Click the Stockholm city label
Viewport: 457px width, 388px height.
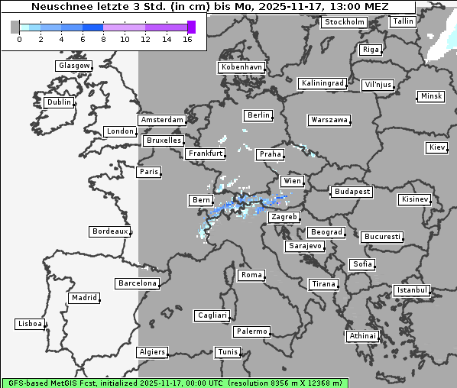[344, 22]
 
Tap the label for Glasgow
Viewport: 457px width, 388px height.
[74, 66]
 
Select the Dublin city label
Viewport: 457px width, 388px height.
[58, 102]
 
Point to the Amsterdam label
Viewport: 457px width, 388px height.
[162, 120]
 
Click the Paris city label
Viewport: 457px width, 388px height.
[149, 172]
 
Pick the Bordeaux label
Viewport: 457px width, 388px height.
[110, 231]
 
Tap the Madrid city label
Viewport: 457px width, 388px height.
[84, 298]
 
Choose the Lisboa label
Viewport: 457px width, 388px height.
[30, 324]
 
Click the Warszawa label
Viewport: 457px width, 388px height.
[329, 120]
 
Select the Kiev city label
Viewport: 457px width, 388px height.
[437, 147]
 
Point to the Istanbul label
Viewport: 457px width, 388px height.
[412, 290]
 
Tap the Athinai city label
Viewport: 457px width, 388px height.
[362, 336]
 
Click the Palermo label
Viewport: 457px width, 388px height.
[251, 331]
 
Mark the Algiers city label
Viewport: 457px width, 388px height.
[151, 352]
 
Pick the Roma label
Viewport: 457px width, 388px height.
[251, 275]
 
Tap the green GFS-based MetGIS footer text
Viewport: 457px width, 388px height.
[174, 383]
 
